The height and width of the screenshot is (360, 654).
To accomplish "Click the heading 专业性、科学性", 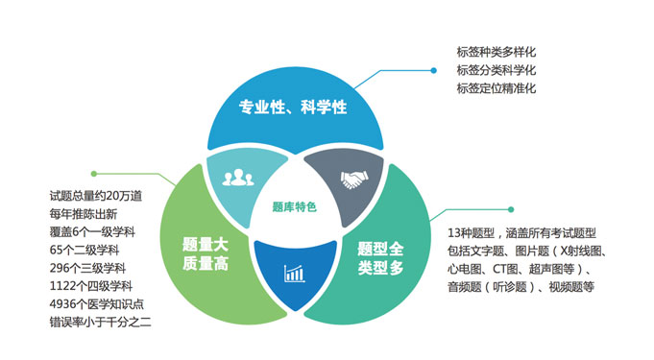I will point(292,107).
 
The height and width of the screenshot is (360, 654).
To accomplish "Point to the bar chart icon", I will point(294,274).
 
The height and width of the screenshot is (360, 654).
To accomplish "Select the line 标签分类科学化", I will point(497,70).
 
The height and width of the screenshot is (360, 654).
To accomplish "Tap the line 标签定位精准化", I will point(497,88).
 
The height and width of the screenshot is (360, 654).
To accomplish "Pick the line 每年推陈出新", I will point(84,214).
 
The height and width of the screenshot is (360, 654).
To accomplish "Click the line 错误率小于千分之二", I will point(101,322).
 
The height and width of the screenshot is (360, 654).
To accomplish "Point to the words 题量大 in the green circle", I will point(203,244).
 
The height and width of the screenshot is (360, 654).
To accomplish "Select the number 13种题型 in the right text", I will point(475,232).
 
